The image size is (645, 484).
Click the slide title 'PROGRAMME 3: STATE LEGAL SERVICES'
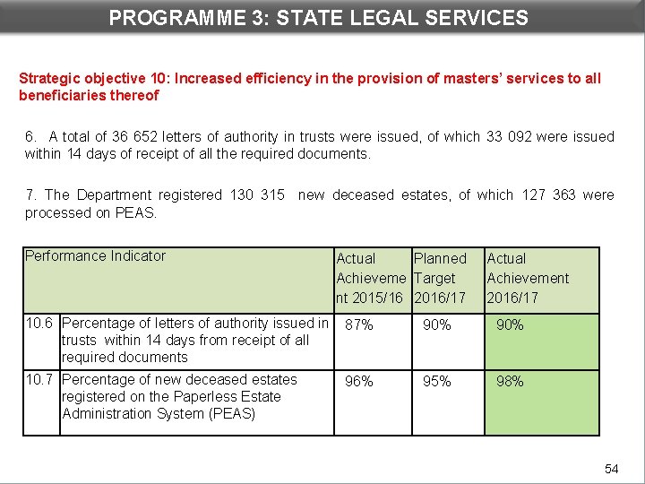319,17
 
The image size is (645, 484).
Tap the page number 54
612,469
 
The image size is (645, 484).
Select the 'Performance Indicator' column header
95,256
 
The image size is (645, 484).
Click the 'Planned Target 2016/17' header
440,278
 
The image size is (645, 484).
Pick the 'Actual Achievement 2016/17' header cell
528,278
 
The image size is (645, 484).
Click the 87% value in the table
359,325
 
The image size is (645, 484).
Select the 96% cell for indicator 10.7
359,382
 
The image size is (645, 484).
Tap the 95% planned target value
437,382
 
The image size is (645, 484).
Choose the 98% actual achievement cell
510,382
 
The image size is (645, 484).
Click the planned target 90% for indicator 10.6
437,325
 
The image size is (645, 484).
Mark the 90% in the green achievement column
510,325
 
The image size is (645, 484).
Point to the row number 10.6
40,324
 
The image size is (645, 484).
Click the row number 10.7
40,380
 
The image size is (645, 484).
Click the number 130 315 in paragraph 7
257,194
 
